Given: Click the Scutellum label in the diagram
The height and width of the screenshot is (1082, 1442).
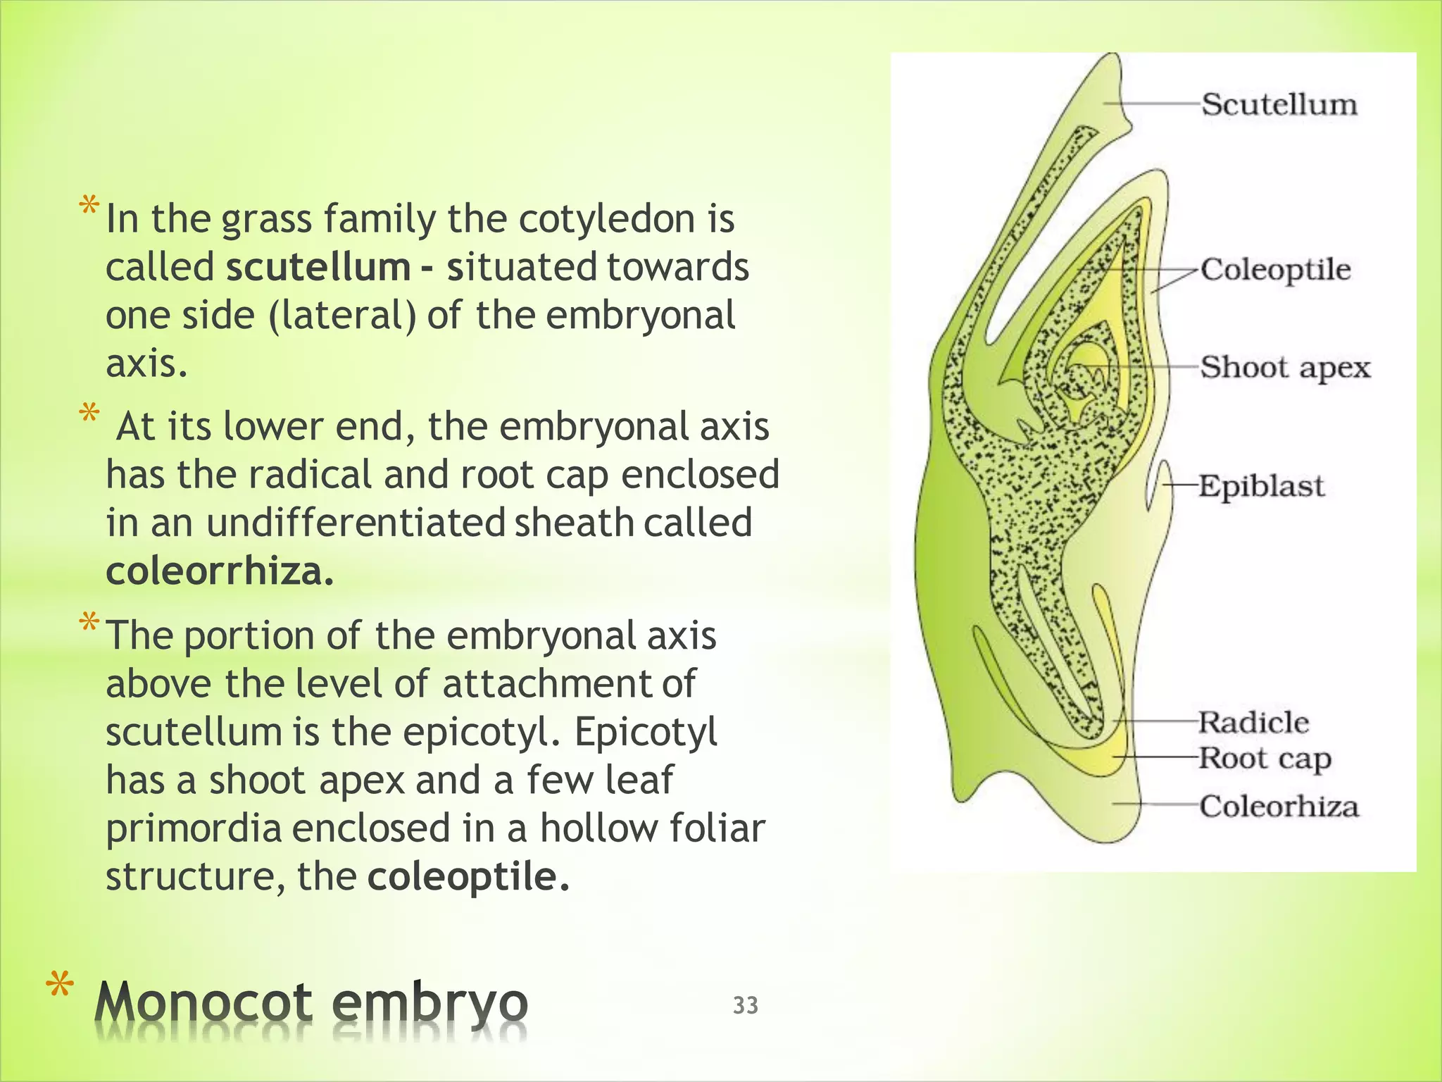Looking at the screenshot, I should [1279, 104].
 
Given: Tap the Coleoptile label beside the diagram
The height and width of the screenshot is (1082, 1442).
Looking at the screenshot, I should [1275, 270].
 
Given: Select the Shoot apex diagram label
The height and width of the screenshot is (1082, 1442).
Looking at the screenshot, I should [1285, 368].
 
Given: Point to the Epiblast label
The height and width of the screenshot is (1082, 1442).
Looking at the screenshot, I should [1261, 486].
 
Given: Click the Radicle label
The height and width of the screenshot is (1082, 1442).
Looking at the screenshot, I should [1253, 722].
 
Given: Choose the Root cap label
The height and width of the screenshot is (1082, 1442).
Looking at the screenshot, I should [1265, 759].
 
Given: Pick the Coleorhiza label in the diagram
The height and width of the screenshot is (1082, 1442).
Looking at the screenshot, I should [1279, 806].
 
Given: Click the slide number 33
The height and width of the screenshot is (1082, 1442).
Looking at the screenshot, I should [746, 1005].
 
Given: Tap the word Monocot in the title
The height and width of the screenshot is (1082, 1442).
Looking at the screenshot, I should [203, 1003].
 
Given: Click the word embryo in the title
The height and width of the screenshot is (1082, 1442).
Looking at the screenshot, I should [430, 1003].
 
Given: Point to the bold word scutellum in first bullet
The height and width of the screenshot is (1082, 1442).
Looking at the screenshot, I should [318, 268].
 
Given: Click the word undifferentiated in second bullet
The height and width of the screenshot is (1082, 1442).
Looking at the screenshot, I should [356, 523].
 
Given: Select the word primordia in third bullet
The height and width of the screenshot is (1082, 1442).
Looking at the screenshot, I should [194, 828].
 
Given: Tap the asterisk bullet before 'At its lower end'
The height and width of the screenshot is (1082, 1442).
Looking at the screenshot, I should [89, 413].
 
